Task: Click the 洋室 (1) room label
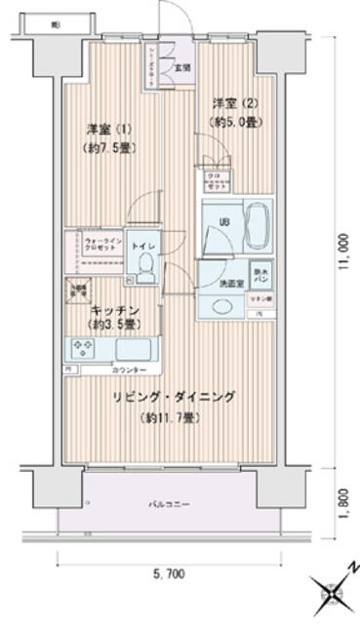click(x=108, y=129)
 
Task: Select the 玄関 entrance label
click(x=181, y=68)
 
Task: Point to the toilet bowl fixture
click(x=144, y=261)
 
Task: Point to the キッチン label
click(x=114, y=309)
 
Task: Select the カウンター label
click(x=130, y=371)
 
